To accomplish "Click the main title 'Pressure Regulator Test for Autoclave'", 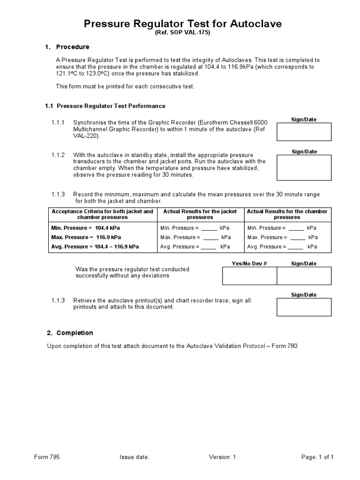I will coord(182,24).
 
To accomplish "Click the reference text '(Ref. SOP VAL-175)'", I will coord(182,33).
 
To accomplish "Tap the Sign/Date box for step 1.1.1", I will coord(304,132).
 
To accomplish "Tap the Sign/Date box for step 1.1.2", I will coord(304,168).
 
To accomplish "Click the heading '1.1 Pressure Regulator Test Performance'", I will coord(105,106).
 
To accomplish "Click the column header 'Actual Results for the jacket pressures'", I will coord(200,214).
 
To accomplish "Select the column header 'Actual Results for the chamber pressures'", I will coord(287,214).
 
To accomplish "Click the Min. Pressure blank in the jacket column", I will coord(210,228).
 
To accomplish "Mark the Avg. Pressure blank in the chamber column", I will coord(297,247).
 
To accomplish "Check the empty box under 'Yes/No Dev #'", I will coord(249,276).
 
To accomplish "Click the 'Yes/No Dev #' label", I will coord(249,263).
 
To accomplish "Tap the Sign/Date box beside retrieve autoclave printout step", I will coord(304,307).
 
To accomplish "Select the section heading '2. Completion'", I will coord(70,333).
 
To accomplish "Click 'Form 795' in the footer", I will coord(47,457).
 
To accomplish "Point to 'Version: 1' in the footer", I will coord(222,457).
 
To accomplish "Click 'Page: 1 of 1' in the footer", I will coord(316,457).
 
